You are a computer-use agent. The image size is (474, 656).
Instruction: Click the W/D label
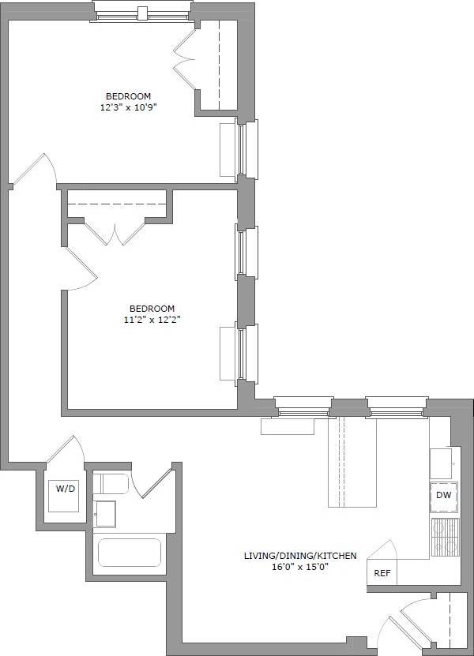(66, 489)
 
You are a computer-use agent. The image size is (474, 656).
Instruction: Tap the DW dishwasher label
(443, 496)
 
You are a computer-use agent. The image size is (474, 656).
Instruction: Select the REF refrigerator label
(382, 574)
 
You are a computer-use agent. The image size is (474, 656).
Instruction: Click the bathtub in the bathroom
(130, 552)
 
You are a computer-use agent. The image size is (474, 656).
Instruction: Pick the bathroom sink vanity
(105, 514)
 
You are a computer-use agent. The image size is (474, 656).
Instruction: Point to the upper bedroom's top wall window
(142, 11)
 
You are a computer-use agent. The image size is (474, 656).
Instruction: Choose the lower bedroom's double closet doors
(115, 232)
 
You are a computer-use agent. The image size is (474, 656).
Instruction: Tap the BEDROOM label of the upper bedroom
(129, 96)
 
